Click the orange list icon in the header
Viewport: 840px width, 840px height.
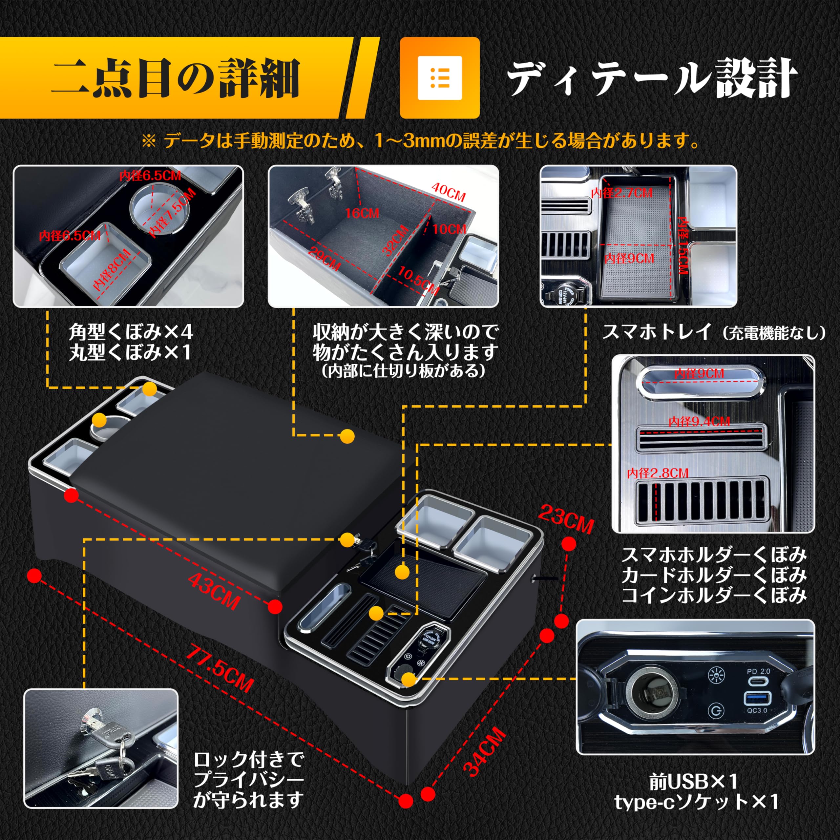[440, 77]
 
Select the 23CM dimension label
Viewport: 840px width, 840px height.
[565, 519]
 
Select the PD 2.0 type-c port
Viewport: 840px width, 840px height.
[758, 681]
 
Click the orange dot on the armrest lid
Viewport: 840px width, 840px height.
[347, 436]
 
